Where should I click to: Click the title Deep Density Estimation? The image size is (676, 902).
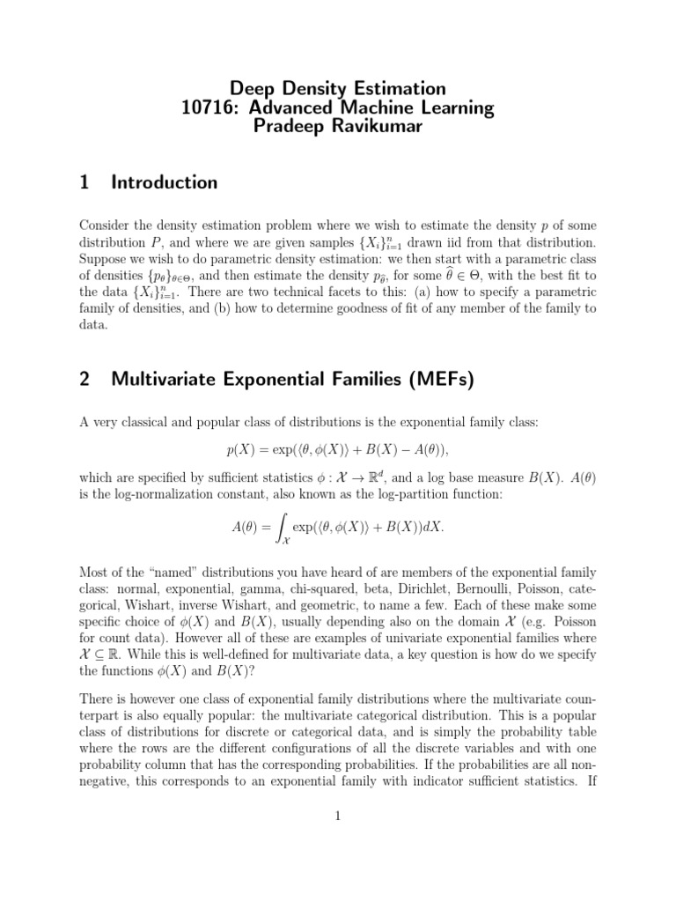pos(337,89)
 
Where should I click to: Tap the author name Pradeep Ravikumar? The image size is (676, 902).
pos(337,129)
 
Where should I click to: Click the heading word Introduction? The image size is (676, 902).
pos(165,183)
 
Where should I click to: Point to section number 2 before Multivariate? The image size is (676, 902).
pos(84,380)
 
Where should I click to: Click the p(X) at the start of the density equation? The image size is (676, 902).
pos(241,449)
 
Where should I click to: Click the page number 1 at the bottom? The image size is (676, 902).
pos(337,817)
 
